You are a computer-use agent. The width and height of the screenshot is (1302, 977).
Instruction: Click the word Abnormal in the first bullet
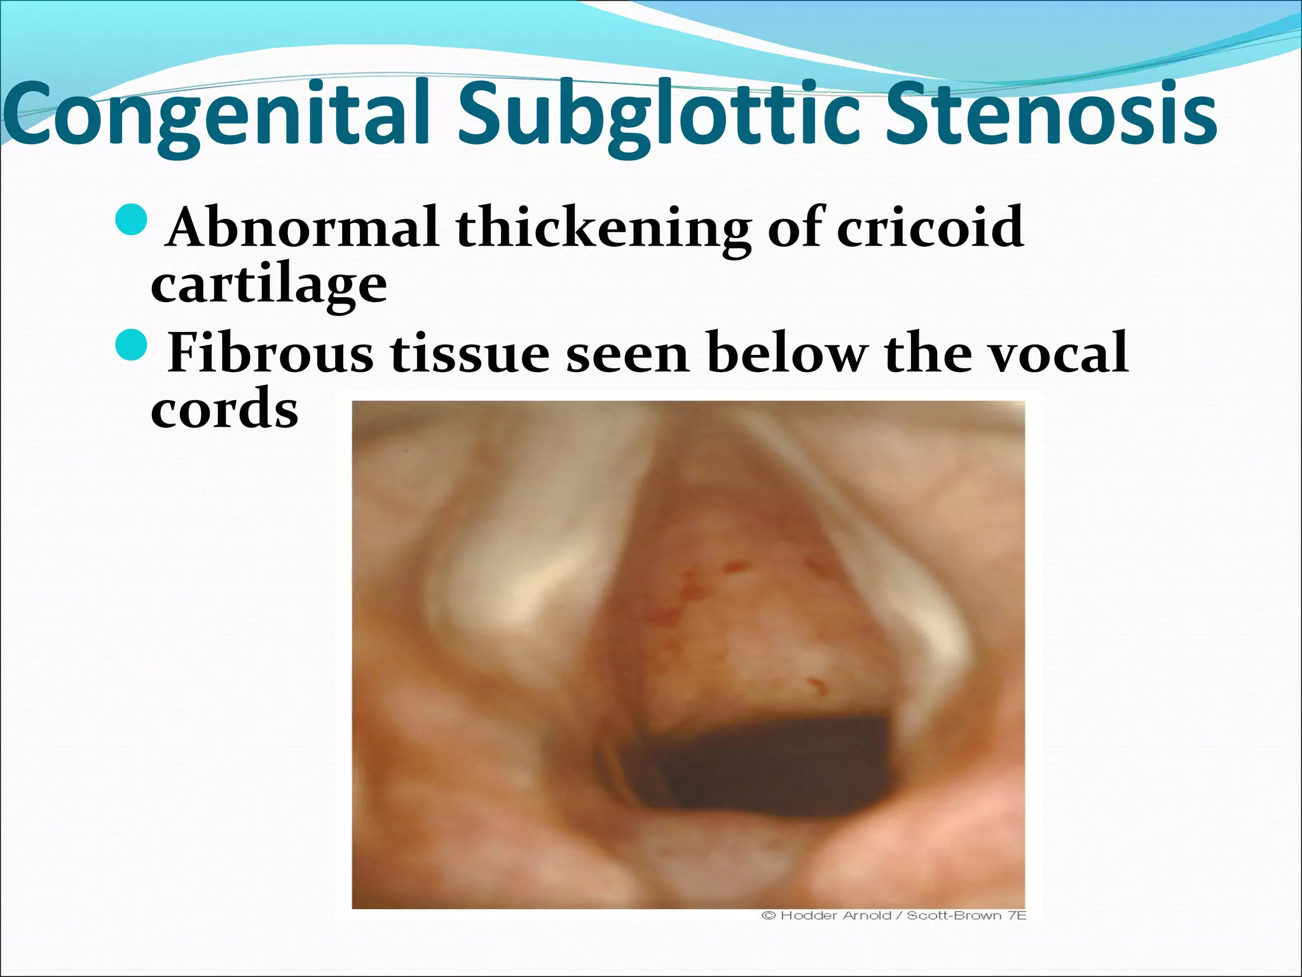303,227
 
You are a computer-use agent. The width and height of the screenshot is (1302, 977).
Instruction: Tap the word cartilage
269,286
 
